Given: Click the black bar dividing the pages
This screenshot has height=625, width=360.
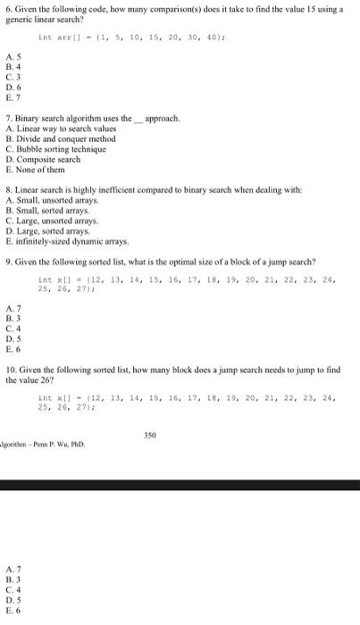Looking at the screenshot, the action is pos(180,485).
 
